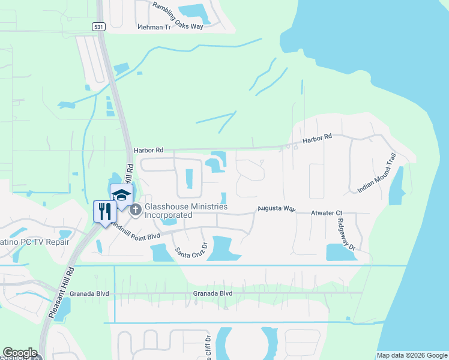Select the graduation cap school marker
click(121, 196)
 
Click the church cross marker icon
click(136, 209)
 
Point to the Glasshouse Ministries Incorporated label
click(185, 211)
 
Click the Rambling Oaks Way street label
click(178, 14)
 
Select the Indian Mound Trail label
click(378, 172)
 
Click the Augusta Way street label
click(277, 209)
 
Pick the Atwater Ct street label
click(326, 213)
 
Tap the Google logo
click(19, 353)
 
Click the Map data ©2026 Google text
click(411, 355)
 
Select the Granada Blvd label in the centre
click(212, 293)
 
